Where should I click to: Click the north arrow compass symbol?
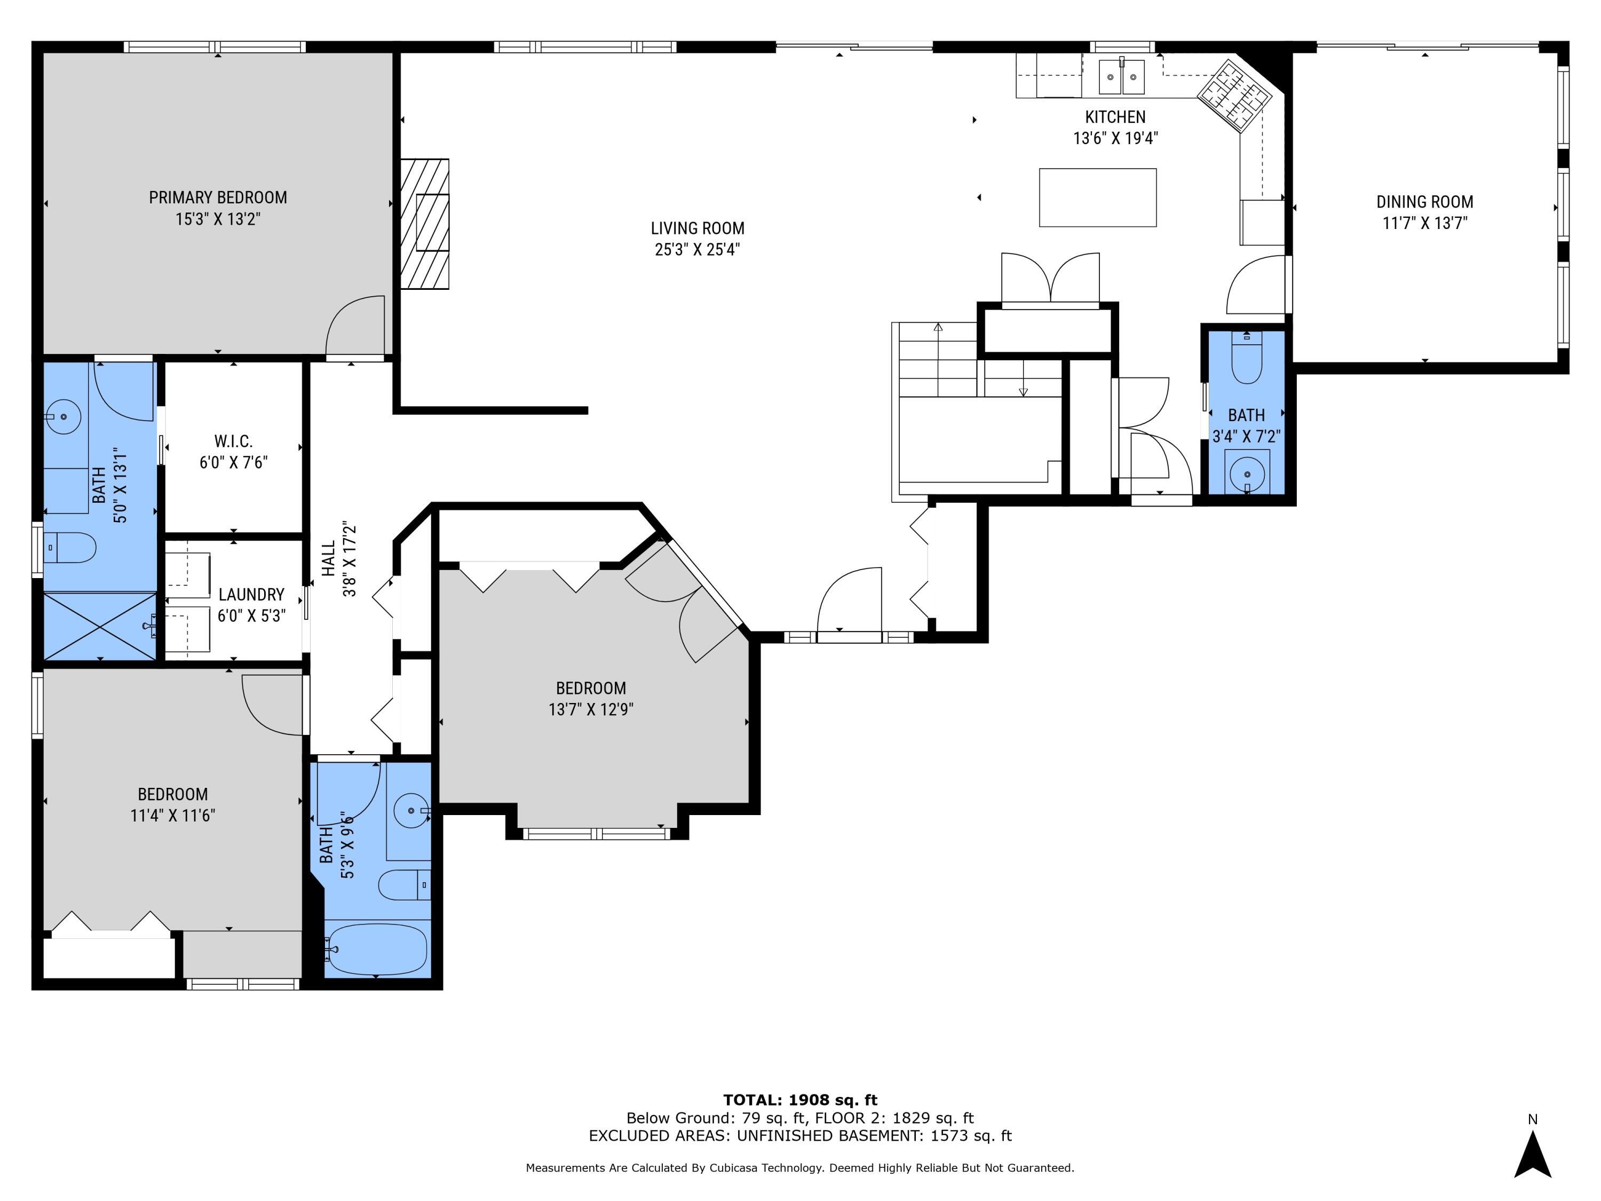tap(1532, 1156)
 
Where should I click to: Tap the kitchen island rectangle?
tap(1097, 197)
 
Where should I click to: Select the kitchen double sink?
tap(1121, 77)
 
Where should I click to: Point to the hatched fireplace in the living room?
tap(425, 224)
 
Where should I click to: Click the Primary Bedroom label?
tap(218, 197)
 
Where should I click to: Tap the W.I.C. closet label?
tap(233, 441)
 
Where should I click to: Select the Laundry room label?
tap(251, 594)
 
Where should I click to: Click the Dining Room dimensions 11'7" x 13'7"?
tap(1424, 223)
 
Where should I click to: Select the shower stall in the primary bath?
tap(100, 626)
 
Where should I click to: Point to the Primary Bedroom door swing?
tap(355, 327)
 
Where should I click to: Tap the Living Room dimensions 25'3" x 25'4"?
tap(697, 250)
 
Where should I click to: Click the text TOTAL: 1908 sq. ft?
tap(800, 1100)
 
